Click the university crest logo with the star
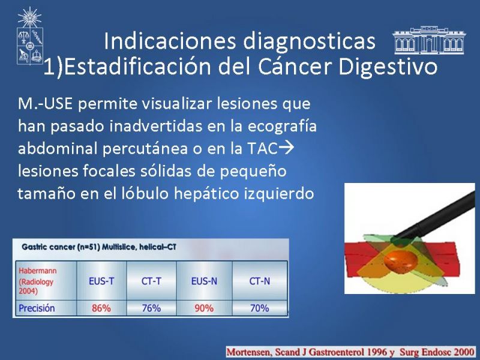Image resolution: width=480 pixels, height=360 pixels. (x=29, y=36)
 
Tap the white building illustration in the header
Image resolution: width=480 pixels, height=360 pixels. (x=429, y=40)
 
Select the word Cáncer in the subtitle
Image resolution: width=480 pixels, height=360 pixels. (x=296, y=66)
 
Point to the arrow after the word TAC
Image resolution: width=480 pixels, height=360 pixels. (x=287, y=148)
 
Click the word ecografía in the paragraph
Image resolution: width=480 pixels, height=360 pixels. (x=281, y=127)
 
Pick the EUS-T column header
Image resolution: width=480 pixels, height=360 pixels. (x=101, y=281)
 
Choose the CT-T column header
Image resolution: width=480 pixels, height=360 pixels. (x=151, y=281)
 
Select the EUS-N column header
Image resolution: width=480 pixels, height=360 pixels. (x=204, y=281)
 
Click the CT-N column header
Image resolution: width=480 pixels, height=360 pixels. (x=260, y=281)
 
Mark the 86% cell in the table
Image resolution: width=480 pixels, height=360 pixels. (x=101, y=308)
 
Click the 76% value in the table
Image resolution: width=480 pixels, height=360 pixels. (x=151, y=308)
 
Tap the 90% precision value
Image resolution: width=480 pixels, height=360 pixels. (x=204, y=308)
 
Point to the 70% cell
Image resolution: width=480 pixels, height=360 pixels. (x=260, y=308)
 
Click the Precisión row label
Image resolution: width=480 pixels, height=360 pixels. (x=37, y=308)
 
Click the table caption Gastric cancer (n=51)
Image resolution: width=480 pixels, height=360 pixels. (x=61, y=247)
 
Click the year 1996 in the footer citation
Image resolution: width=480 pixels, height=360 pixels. (x=378, y=352)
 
